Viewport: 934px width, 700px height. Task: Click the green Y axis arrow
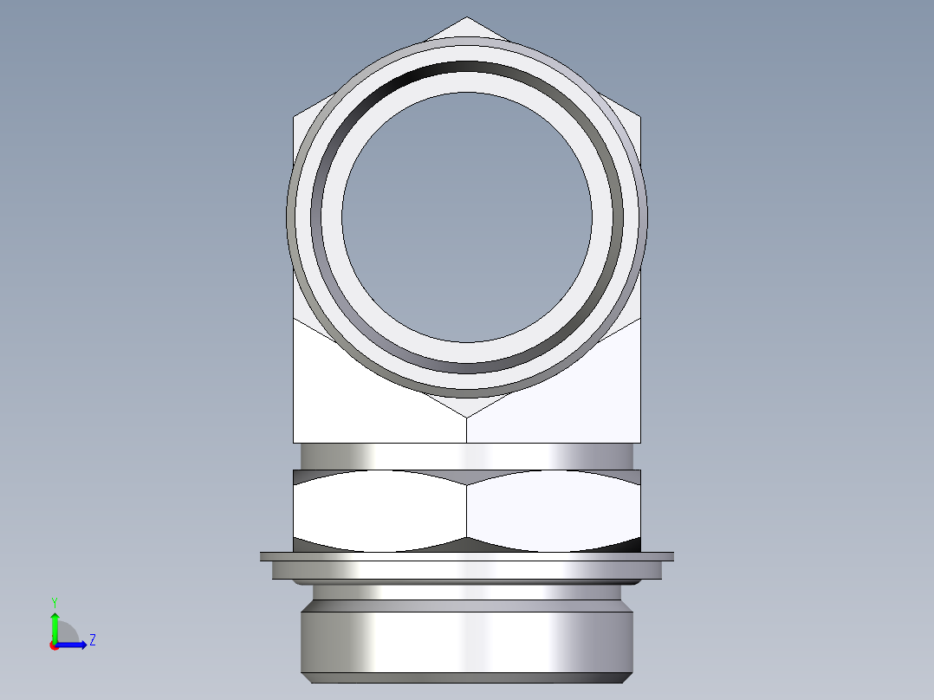coord(55,625)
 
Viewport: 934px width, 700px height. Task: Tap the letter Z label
coord(92,641)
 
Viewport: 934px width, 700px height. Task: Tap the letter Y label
coord(54,601)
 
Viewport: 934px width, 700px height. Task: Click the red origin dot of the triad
coord(55,645)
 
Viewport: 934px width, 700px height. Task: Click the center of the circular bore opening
coord(467,217)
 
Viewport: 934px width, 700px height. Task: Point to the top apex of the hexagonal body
coord(467,18)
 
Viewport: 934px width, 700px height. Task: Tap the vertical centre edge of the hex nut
coord(467,511)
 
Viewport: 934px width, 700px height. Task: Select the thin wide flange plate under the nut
coord(467,556)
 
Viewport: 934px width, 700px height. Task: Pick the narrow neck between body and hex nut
coord(467,456)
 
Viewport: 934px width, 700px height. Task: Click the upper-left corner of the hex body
coord(295,117)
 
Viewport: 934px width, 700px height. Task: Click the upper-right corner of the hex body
coord(640,117)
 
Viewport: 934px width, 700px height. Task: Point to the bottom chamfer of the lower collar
coord(467,677)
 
